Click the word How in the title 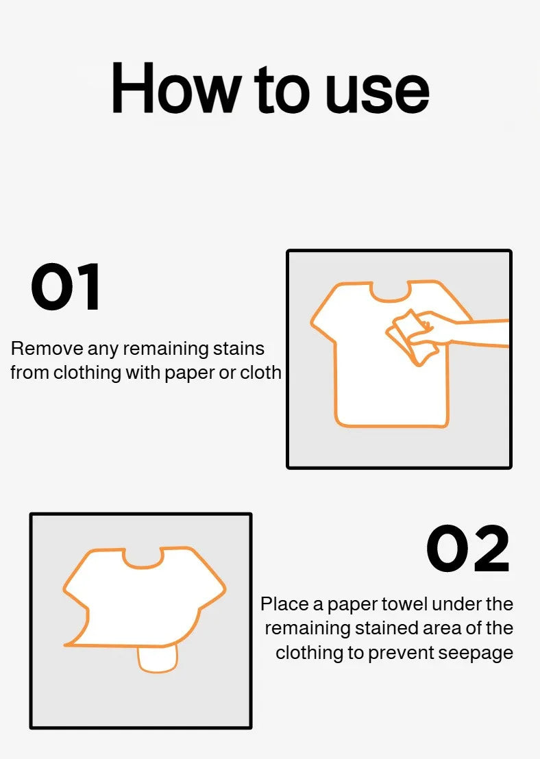pyautogui.click(x=176, y=88)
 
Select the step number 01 pyautogui.click(x=66, y=286)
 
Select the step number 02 pyautogui.click(x=468, y=549)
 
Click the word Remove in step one pyautogui.click(x=47, y=349)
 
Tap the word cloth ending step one pyautogui.click(x=261, y=373)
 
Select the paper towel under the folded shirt pyautogui.click(x=158, y=659)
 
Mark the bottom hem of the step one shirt pyautogui.click(x=391, y=426)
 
